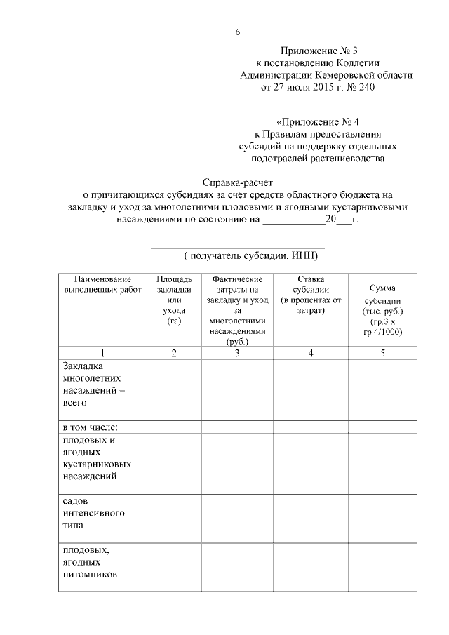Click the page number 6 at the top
pos(238,33)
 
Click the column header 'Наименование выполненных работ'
pos(102,284)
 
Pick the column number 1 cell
pos(102,353)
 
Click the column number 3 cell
pos(237,353)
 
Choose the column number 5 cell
pos(382,353)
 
